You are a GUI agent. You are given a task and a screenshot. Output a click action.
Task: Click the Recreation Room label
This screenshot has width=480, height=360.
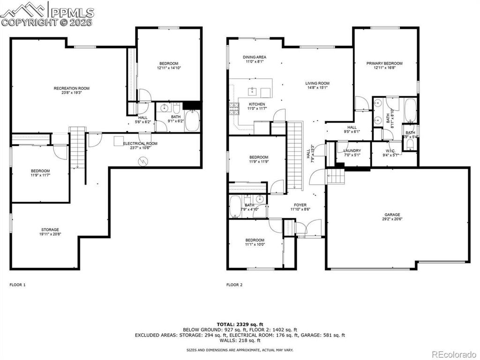click(71, 88)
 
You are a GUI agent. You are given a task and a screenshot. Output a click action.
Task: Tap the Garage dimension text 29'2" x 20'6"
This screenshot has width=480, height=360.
click(393, 219)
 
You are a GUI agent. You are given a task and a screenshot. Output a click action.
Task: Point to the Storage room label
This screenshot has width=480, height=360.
click(50, 230)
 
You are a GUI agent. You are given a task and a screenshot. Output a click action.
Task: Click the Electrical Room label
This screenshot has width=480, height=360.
click(140, 143)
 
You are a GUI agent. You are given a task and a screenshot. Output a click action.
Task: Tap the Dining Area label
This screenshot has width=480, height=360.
click(255, 57)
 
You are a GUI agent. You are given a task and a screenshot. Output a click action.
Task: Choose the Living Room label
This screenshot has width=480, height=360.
click(317, 83)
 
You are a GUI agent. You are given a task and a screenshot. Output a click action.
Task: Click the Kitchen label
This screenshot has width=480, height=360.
click(257, 104)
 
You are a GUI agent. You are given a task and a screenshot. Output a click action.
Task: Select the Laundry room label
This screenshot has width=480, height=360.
click(352, 150)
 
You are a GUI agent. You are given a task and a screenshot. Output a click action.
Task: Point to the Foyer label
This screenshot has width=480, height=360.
click(300, 205)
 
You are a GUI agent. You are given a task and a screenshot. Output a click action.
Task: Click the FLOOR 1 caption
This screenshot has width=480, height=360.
click(18, 285)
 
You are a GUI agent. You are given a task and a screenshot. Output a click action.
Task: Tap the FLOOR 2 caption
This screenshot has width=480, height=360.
click(234, 285)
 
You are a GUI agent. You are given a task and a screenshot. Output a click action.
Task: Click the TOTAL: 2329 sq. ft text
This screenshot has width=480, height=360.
click(240, 324)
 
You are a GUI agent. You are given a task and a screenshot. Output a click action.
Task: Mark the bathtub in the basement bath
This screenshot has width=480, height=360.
click(192, 120)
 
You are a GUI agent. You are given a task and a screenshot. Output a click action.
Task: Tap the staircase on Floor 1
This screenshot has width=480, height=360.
click(76, 148)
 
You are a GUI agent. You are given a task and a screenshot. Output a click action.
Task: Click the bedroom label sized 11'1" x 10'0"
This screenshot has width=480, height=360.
click(255, 240)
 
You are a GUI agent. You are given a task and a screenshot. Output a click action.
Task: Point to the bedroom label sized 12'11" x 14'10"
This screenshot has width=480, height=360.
click(169, 64)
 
